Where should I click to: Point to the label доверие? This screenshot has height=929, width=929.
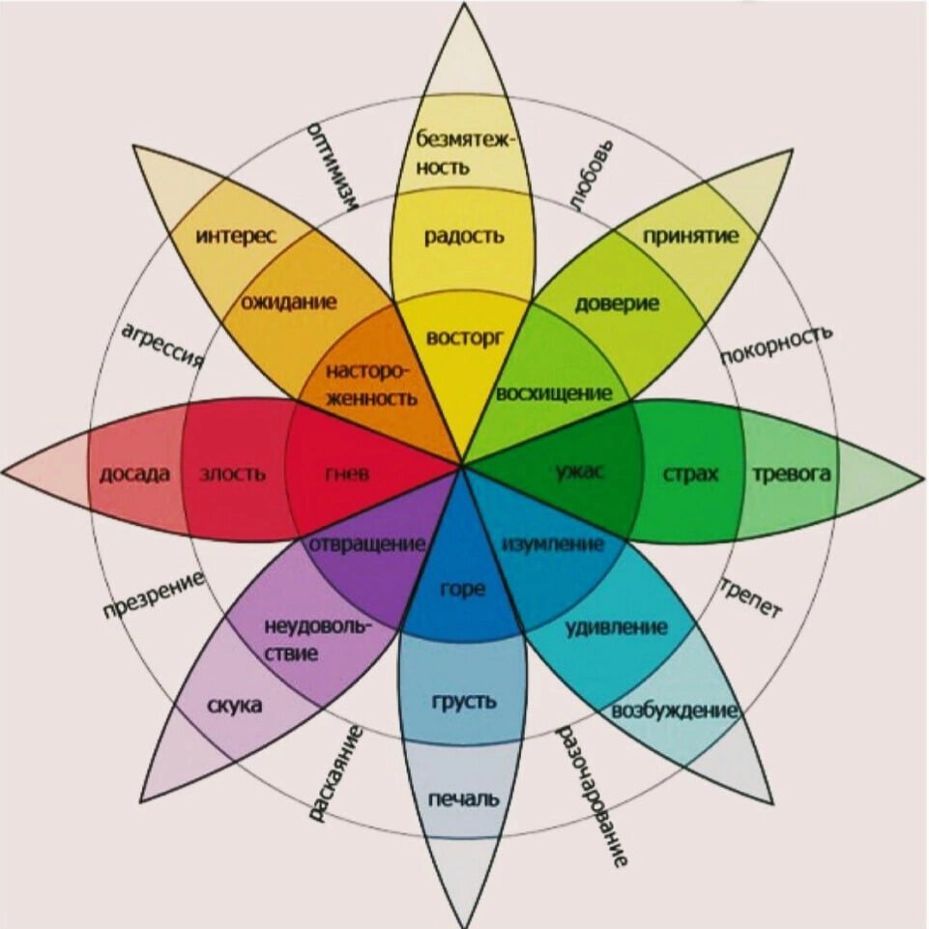click(x=617, y=304)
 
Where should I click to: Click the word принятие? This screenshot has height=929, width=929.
click(x=690, y=235)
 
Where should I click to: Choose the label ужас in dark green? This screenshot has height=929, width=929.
click(x=580, y=473)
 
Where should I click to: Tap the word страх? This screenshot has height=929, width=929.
click(x=691, y=474)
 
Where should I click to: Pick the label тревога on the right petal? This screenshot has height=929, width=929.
click(x=791, y=474)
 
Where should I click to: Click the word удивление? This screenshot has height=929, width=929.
click(x=616, y=627)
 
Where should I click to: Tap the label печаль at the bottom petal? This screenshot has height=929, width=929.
click(x=464, y=799)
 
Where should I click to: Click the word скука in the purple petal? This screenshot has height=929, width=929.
click(x=234, y=706)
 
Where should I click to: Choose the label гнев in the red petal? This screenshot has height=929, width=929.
click(x=346, y=474)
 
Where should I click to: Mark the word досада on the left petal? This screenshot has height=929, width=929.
click(x=134, y=474)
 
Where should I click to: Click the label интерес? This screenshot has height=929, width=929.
click(x=236, y=235)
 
